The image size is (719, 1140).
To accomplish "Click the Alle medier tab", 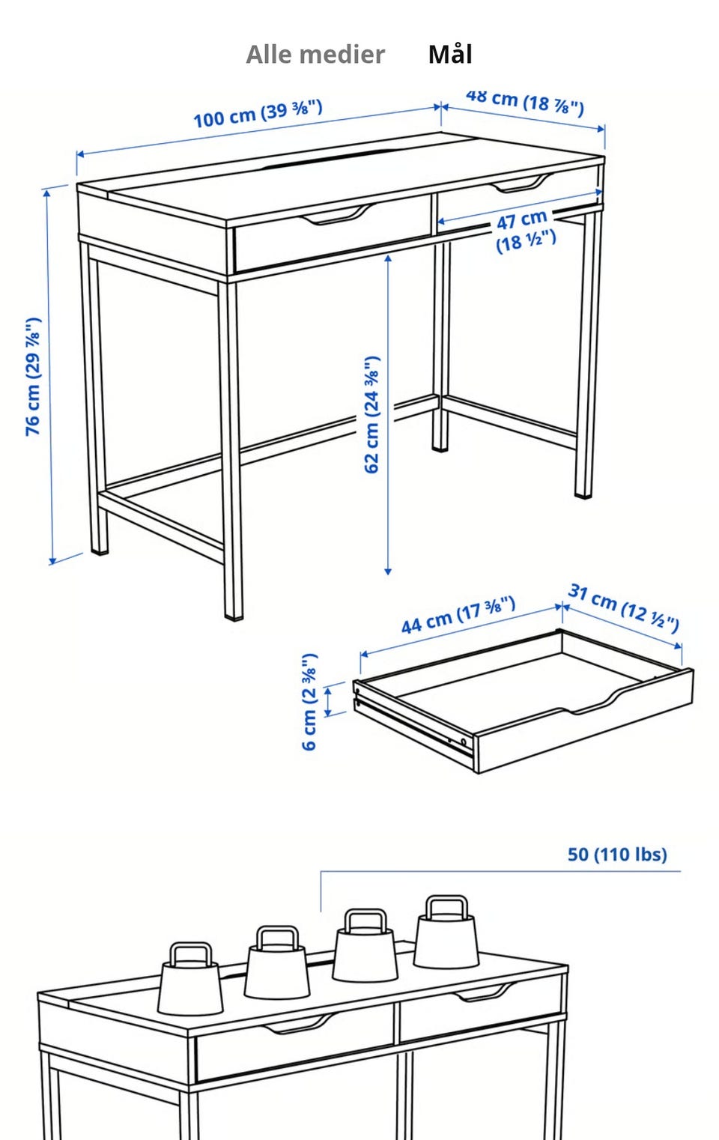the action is coord(315,55).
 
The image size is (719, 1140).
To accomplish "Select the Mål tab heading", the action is coord(450,54).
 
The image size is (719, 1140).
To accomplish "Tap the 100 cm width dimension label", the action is coord(258,114).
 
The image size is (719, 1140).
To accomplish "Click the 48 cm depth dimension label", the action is coord(524,102).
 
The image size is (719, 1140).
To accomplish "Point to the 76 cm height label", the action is coord(33,377).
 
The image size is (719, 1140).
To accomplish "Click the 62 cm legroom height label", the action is coord(372,415).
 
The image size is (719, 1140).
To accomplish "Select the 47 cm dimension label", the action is coord(524,231).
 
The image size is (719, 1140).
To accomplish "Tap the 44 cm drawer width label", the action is coord(458,615).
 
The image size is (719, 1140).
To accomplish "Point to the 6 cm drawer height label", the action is coord(309,702).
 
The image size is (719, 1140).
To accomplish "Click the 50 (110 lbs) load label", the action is coord(617,855).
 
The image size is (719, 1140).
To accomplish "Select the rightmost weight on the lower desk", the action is coord(446,932).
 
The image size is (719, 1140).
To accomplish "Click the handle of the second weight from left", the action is coord(277,938).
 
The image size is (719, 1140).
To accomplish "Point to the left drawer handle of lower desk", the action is coord(299,1024).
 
